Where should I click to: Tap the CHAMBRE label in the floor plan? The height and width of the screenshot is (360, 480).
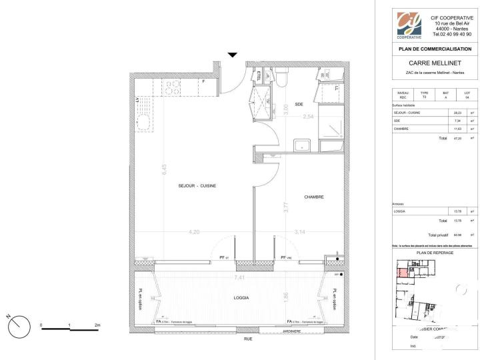[313, 197]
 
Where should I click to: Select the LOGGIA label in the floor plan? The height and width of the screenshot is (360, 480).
[241, 298]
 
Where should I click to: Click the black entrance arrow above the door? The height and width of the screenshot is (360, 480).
[232, 55]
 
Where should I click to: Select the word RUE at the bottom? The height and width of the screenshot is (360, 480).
[248, 339]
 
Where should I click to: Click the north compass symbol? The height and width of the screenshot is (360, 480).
[21, 327]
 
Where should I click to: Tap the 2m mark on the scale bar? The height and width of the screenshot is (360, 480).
[98, 326]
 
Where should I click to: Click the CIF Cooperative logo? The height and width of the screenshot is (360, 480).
[409, 25]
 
